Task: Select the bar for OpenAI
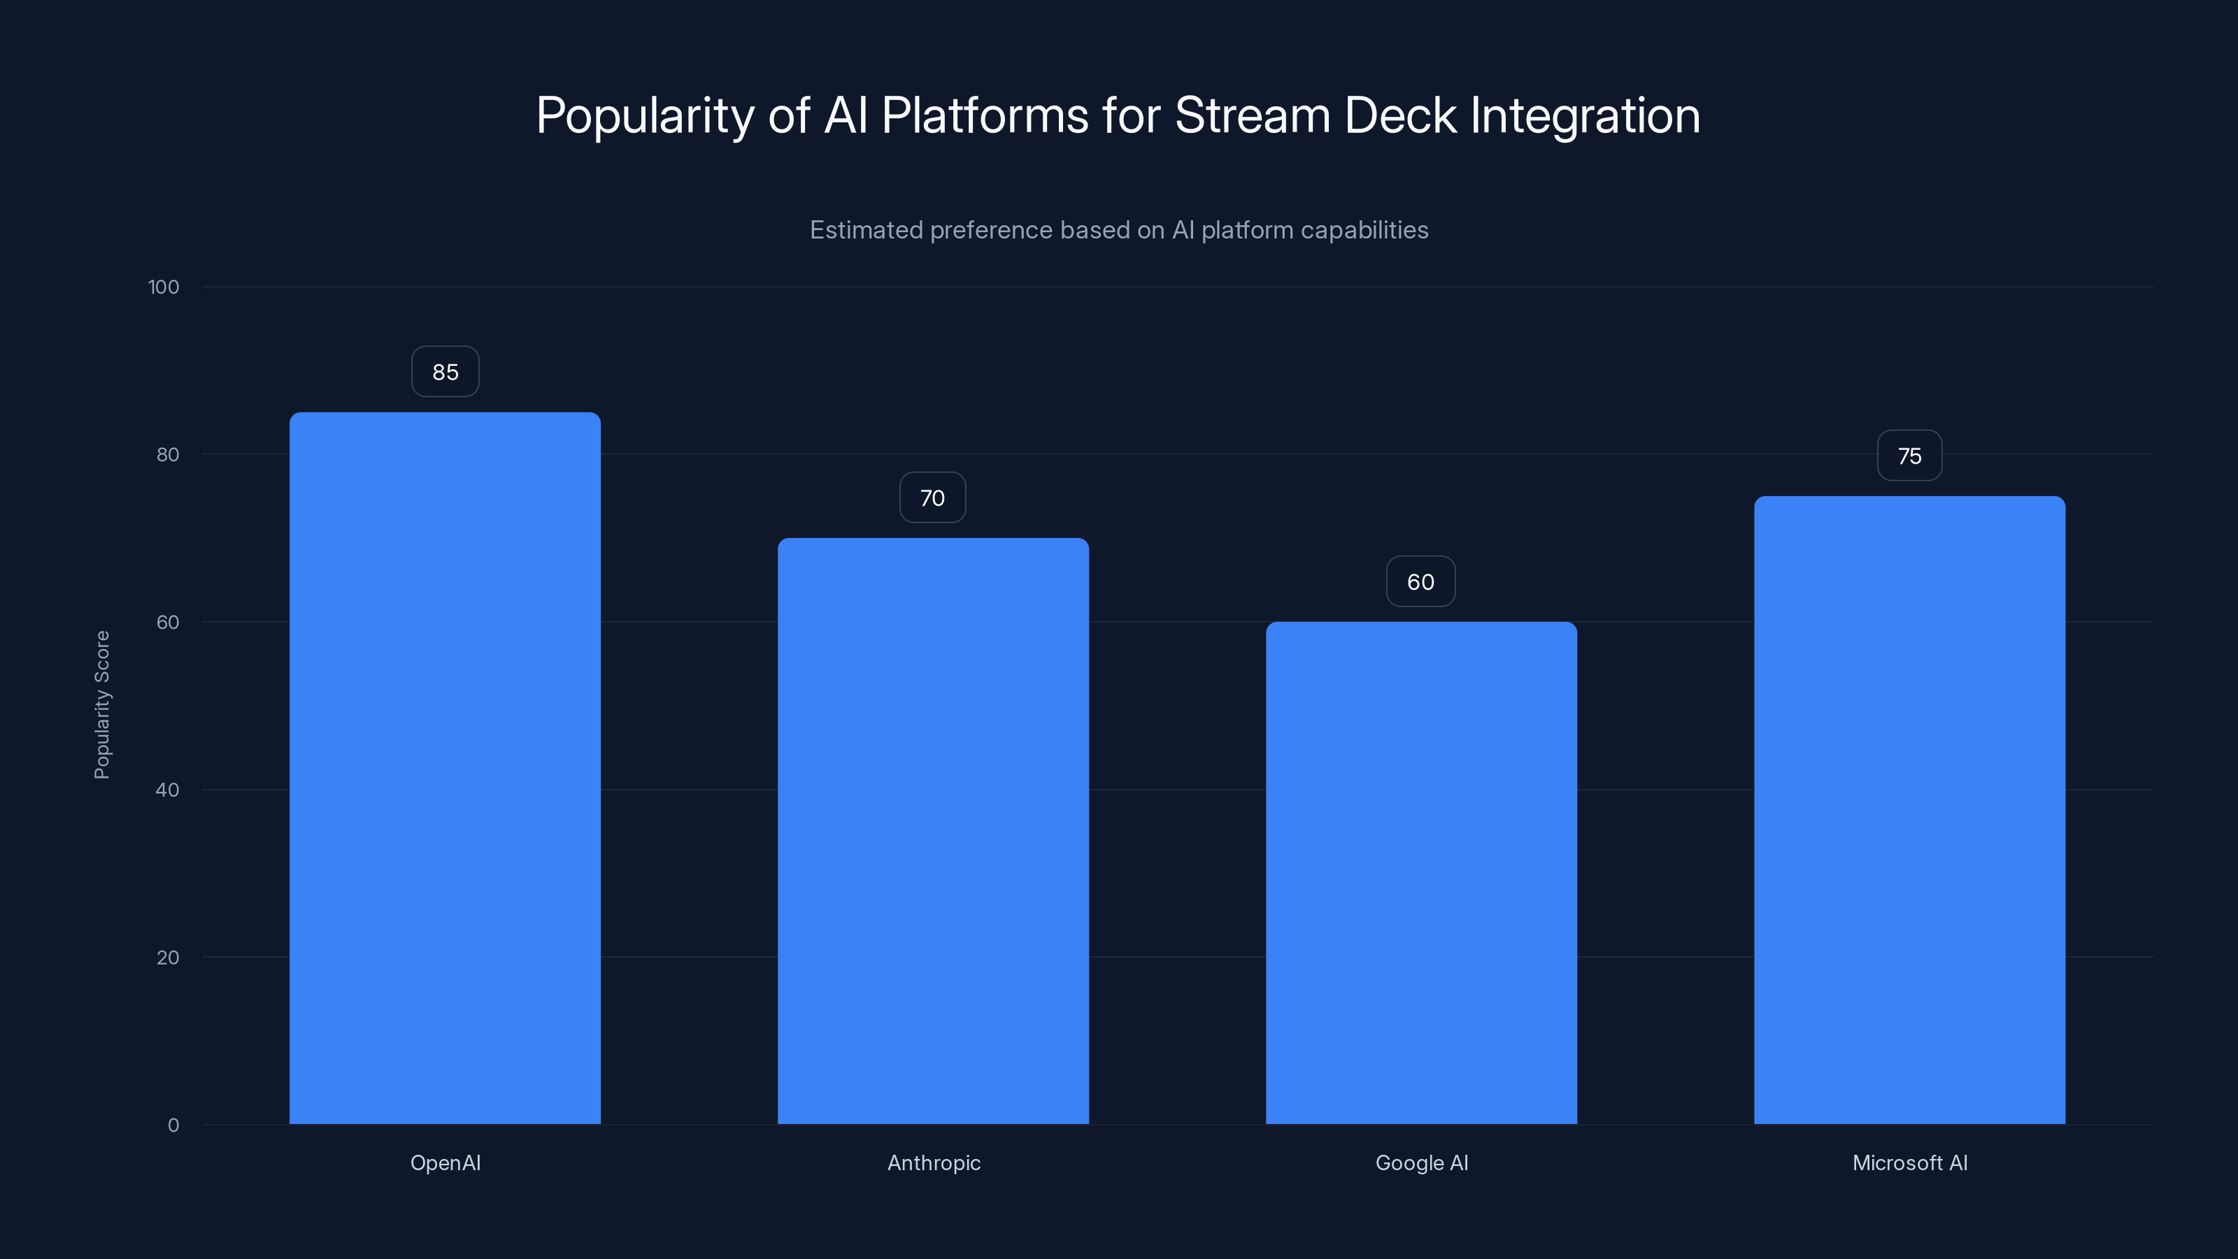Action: pos(445,768)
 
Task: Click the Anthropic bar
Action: pos(933,831)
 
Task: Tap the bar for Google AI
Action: pos(1421,872)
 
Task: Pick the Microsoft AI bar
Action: pos(1909,810)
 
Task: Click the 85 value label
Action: pos(445,372)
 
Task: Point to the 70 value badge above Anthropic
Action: pos(932,498)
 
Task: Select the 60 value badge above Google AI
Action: pos(1420,582)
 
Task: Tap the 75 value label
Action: pos(1909,456)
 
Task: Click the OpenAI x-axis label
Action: pos(445,1162)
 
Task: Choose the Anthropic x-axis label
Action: pos(934,1162)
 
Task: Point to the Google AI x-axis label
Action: pos(1421,1162)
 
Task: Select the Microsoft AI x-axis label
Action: pos(1909,1162)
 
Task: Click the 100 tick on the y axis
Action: pos(164,287)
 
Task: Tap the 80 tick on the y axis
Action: pos(168,455)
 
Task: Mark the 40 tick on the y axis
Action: pos(168,790)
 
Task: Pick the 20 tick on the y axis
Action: pos(168,958)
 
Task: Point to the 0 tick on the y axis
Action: pos(173,1125)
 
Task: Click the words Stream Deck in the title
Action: pos(1316,115)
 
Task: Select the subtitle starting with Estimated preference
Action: pos(1119,230)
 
